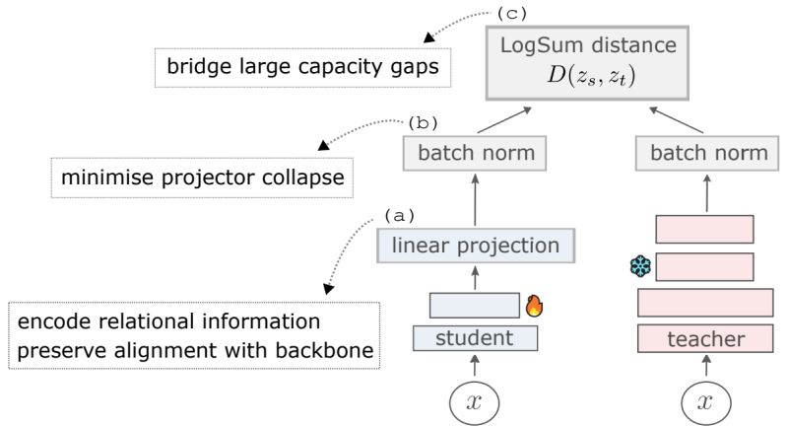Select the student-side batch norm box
click(476, 153)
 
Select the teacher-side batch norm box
click(702, 153)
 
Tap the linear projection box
click(475, 245)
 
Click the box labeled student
click(475, 338)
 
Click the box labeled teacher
click(704, 339)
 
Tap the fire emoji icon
click(535, 305)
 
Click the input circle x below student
click(475, 402)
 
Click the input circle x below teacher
click(704, 402)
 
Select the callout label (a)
click(399, 214)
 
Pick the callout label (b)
click(422, 123)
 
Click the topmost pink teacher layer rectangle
click(704, 229)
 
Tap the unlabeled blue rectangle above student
click(475, 305)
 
